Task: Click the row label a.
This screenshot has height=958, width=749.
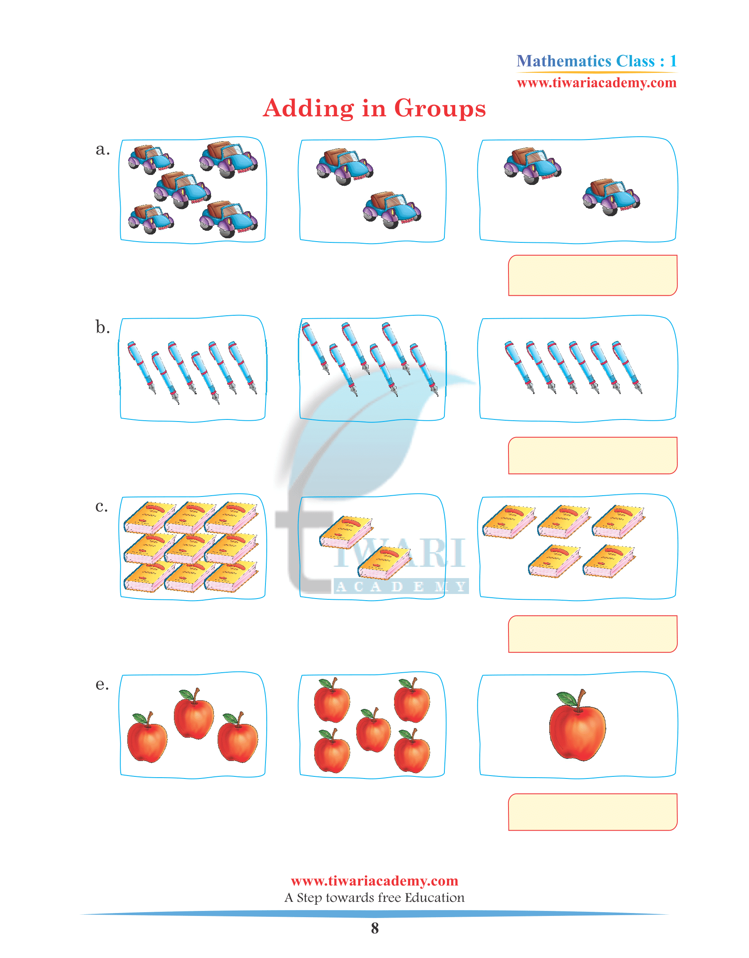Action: click(x=103, y=150)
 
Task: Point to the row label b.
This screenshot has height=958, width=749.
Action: click(x=103, y=327)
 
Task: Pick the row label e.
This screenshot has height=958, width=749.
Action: click(x=102, y=685)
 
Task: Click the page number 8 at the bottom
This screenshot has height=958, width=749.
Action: click(x=374, y=928)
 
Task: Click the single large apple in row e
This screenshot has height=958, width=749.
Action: click(x=577, y=726)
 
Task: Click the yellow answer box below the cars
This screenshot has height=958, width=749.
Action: click(x=593, y=275)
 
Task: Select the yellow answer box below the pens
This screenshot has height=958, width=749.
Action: click(x=593, y=456)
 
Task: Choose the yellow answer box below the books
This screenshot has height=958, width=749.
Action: click(x=593, y=634)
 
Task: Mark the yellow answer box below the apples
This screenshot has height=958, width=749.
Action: click(x=593, y=812)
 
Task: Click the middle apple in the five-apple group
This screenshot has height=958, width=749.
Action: click(x=373, y=729)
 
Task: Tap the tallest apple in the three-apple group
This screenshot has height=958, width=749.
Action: click(x=193, y=713)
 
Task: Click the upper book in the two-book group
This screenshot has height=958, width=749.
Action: click(x=346, y=532)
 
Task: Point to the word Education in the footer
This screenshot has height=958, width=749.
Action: click(x=434, y=898)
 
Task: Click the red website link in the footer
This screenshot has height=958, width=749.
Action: click(x=374, y=881)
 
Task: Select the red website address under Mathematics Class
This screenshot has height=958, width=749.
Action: click(x=597, y=82)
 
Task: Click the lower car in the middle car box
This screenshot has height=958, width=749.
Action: click(x=392, y=210)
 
